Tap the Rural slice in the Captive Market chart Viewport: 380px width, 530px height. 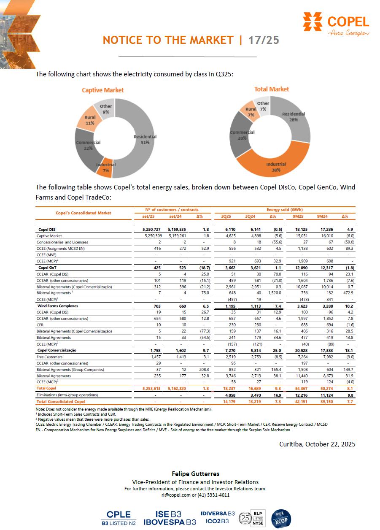click(89, 120)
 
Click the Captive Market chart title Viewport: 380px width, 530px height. click(103, 90)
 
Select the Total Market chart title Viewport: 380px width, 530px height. click(272, 89)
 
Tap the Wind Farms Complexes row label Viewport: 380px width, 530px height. click(58, 306)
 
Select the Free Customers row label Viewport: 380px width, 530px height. click(50, 357)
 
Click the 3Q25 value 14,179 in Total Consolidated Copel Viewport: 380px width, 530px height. click(226, 401)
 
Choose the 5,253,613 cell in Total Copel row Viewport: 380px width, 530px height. click(144, 388)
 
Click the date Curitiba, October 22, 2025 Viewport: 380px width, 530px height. click(317, 444)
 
